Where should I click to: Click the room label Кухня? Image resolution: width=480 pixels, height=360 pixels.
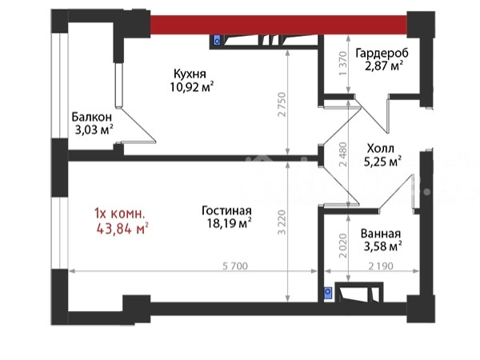tap(190, 74)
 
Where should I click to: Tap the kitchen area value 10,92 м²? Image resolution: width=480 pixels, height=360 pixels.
tap(192, 87)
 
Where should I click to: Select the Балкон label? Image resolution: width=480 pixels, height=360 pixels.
tap(91, 117)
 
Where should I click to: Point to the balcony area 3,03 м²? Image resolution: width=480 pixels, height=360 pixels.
tap(94, 130)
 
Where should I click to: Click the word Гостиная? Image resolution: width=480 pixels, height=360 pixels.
tap(226, 211)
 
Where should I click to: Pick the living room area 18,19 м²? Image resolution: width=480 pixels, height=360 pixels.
tap(230, 223)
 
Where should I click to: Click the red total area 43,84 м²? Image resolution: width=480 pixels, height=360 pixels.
tap(122, 228)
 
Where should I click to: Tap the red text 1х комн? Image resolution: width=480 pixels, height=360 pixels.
tap(119, 214)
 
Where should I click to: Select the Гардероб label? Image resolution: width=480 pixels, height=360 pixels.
tap(382, 54)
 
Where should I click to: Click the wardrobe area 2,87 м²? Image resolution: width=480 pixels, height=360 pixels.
tap(383, 66)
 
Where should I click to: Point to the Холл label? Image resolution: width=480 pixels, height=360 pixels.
tap(381, 149)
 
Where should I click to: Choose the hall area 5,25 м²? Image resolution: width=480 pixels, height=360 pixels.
tap(382, 162)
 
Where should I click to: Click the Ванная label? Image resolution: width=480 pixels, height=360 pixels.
tap(381, 234)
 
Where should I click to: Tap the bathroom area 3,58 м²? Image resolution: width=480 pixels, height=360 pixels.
tap(382, 246)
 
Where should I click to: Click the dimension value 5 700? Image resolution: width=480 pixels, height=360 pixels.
tap(235, 266)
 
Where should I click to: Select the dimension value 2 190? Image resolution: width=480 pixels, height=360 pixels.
tap(381, 266)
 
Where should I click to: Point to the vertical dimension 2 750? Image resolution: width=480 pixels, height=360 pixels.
tap(282, 105)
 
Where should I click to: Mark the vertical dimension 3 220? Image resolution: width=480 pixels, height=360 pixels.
tap(282, 222)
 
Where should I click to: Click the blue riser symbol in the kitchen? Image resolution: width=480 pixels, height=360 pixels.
tap(217, 41)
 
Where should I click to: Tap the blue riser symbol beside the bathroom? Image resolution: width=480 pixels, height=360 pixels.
tap(328, 292)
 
